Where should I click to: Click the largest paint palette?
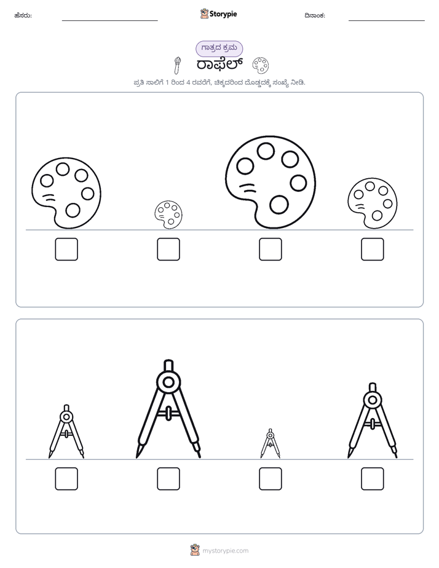click(x=270, y=182)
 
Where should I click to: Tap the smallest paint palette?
click(x=168, y=215)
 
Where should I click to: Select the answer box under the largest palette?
click(x=270, y=249)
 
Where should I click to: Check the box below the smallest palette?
click(x=168, y=249)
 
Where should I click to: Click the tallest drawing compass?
click(x=168, y=409)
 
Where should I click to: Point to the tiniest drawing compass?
click(x=270, y=443)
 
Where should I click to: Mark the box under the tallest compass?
click(x=168, y=478)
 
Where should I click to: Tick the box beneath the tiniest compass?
click(x=270, y=478)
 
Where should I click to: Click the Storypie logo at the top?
click(x=218, y=14)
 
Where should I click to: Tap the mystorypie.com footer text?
click(x=225, y=551)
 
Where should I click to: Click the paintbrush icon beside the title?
click(x=177, y=65)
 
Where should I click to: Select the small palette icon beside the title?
click(x=261, y=65)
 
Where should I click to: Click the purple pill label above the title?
click(x=219, y=49)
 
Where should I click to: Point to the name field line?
click(x=109, y=21)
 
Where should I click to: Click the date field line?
click(x=387, y=21)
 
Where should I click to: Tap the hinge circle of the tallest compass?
click(x=168, y=382)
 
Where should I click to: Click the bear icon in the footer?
click(x=195, y=550)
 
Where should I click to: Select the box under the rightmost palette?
click(x=373, y=249)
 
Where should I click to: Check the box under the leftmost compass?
click(x=66, y=478)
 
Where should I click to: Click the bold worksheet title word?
click(x=219, y=65)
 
